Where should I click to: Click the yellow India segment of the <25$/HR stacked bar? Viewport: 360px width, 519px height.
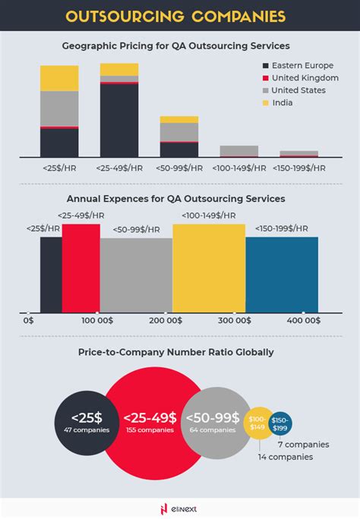coord(59,78)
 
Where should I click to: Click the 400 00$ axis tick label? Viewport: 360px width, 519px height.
coord(304,322)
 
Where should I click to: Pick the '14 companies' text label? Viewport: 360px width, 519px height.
coord(284,457)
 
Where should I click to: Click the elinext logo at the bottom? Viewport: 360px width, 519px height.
coord(180,508)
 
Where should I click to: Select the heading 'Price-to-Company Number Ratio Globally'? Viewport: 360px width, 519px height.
coord(175,352)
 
